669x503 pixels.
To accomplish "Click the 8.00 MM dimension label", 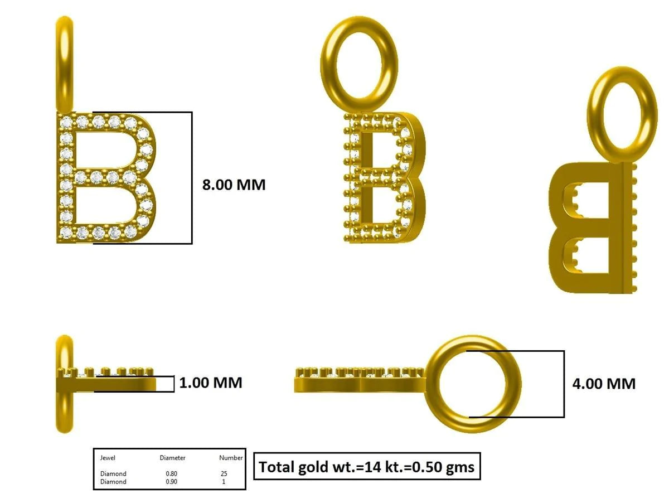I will (234, 185).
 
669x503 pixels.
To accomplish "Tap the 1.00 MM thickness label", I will (210, 383).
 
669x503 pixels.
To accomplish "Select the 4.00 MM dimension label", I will (604, 384).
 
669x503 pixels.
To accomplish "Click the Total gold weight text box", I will (367, 466).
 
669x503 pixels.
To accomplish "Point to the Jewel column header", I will (108, 458).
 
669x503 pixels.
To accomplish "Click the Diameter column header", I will (172, 458).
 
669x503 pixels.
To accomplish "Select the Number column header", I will (230, 458).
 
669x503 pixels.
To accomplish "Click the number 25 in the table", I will (224, 474).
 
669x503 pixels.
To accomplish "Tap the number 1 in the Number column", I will (224, 482).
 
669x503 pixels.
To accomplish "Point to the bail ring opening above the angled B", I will (359, 61).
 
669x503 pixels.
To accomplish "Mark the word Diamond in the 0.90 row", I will (113, 482).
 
